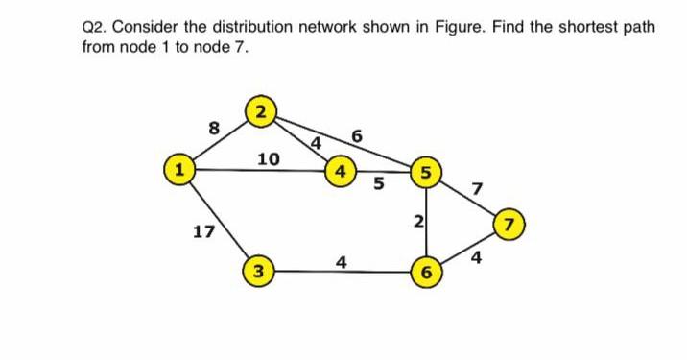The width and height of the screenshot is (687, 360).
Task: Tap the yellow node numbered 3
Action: pos(255,269)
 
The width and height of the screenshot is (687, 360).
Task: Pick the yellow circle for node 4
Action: pos(338,173)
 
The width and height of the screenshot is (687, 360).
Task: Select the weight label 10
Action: pos(269,158)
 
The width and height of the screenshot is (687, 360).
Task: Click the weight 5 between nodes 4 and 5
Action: pos(379,184)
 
